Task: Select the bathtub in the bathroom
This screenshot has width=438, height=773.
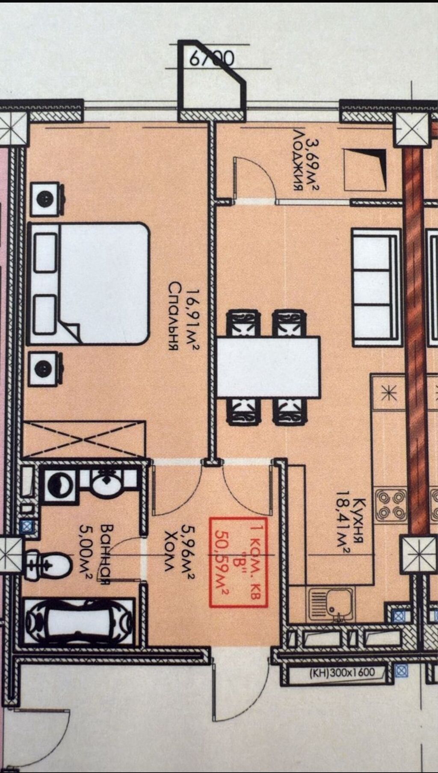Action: click(79, 620)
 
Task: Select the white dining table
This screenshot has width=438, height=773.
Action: click(268, 367)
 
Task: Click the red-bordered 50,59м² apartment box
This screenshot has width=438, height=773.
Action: click(238, 562)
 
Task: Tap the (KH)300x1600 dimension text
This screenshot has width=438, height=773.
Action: click(342, 672)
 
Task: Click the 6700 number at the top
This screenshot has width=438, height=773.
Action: click(212, 59)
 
